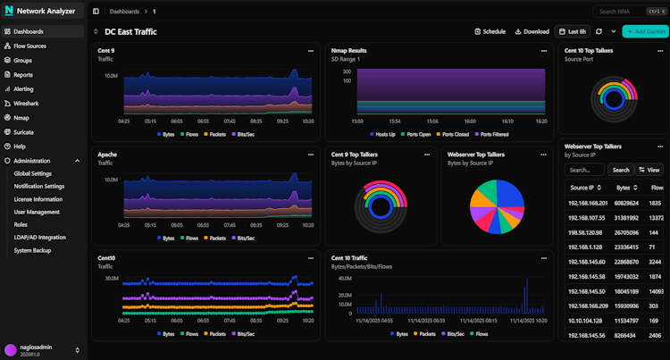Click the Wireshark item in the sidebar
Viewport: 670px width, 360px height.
click(x=26, y=104)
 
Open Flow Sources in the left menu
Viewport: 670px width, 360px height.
click(x=29, y=46)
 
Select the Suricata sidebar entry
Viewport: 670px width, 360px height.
click(x=23, y=131)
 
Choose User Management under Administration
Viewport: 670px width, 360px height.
click(x=37, y=212)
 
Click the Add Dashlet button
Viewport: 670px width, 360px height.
click(x=646, y=31)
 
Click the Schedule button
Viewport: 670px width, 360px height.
click(x=490, y=31)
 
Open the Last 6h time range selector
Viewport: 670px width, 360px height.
click(x=572, y=31)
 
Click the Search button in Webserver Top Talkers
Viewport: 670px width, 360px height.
click(x=619, y=169)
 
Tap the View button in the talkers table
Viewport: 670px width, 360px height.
click(x=649, y=169)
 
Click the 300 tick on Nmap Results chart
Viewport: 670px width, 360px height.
click(x=346, y=70)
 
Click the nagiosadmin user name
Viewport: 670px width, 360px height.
click(x=36, y=347)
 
